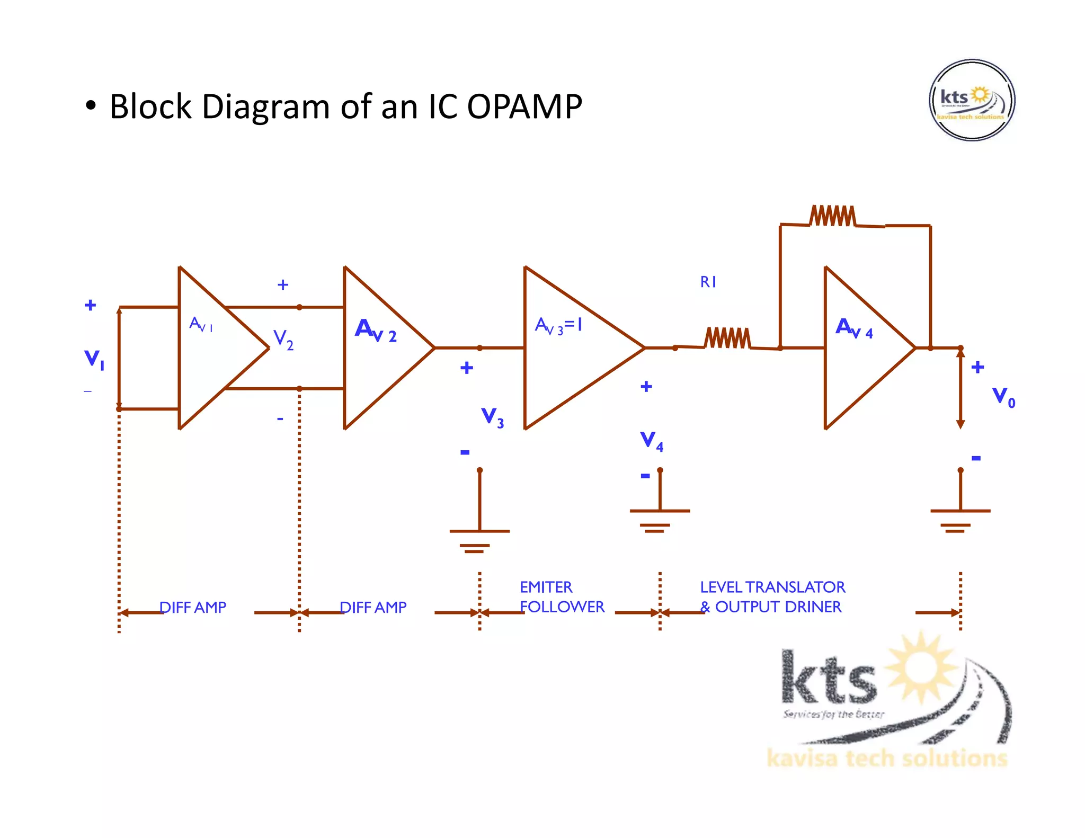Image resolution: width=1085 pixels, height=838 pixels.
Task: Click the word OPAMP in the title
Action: pos(524,106)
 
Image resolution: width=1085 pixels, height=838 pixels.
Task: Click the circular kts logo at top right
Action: pos(972,100)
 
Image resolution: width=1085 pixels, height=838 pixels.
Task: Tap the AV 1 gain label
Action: pos(201,324)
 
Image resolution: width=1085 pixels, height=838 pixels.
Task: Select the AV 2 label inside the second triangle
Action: pos(375,330)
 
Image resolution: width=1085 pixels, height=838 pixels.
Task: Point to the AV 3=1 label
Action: pos(558,325)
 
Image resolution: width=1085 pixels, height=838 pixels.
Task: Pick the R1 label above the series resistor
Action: pos(708,282)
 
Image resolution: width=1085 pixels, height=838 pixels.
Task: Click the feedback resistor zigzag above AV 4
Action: pos(832,216)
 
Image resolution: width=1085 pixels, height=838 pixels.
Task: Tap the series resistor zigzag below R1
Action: pos(727,338)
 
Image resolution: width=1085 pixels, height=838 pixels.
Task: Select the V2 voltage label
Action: pos(283,339)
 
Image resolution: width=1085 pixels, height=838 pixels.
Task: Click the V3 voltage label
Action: pos(492,416)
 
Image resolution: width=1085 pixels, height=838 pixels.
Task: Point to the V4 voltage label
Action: pos(651,440)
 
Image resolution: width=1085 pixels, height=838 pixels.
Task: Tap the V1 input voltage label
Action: pos(94,359)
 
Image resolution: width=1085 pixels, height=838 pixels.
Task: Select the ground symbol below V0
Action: pos(960,519)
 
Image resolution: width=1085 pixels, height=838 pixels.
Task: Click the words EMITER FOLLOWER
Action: pos(562,597)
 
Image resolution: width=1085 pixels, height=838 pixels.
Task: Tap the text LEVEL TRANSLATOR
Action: pos(772,587)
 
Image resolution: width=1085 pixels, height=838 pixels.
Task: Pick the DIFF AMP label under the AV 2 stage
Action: pos(373,607)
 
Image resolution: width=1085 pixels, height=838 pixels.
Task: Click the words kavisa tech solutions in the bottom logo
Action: pos(886,758)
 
